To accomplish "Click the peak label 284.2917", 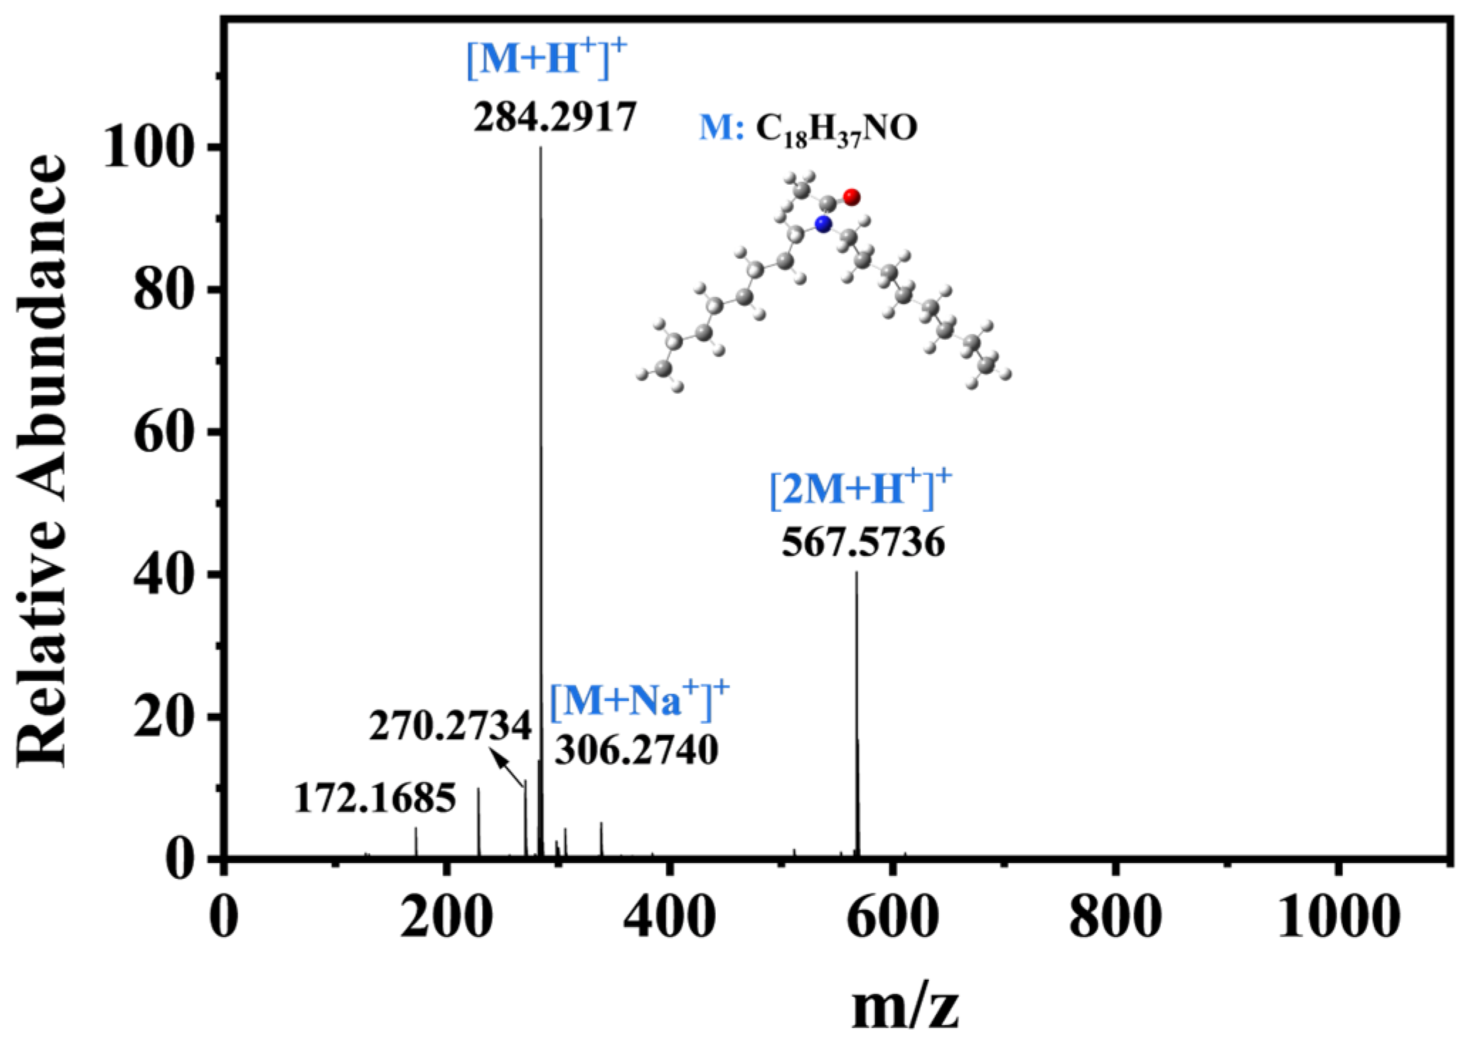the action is pyautogui.click(x=554, y=117).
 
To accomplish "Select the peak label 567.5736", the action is pyautogui.click(x=863, y=543).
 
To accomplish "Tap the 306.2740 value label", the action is pyautogui.click(x=636, y=750).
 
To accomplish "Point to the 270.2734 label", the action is pyautogui.click(x=450, y=727).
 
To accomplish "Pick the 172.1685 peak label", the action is pyautogui.click(x=375, y=798).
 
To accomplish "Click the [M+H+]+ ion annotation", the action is pyautogui.click(x=547, y=58).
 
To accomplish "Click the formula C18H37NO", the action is pyautogui.click(x=836, y=130).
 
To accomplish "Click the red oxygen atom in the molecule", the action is pyautogui.click(x=852, y=197).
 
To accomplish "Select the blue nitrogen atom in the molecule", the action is pyautogui.click(x=823, y=224).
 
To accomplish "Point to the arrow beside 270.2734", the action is pyautogui.click(x=508, y=771).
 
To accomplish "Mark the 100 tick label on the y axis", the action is pyautogui.click(x=149, y=147).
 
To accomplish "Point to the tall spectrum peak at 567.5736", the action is pyautogui.click(x=857, y=715).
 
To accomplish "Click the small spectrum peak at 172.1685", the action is pyautogui.click(x=416, y=843).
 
